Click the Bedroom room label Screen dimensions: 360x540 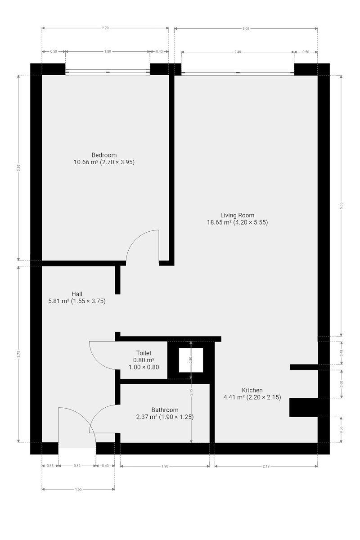click(104, 155)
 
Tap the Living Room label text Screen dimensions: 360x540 click(237, 215)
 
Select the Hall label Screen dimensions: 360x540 click(76, 294)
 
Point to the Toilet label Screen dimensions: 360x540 click(144, 353)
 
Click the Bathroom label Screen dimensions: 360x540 click(165, 410)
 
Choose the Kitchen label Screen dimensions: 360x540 click(252, 390)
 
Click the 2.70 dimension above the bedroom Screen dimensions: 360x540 click(105, 28)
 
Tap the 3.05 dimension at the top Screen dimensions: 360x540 click(246, 29)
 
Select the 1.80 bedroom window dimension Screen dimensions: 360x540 click(108, 51)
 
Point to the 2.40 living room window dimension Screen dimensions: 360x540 click(238, 52)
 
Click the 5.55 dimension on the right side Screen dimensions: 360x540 click(341, 205)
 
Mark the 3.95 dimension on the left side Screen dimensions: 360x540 click(18, 168)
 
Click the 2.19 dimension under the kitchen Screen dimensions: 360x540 click(266, 466)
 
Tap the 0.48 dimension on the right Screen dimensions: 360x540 click(341, 353)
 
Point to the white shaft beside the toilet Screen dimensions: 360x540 click(191, 360)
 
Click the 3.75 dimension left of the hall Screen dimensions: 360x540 click(18, 354)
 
